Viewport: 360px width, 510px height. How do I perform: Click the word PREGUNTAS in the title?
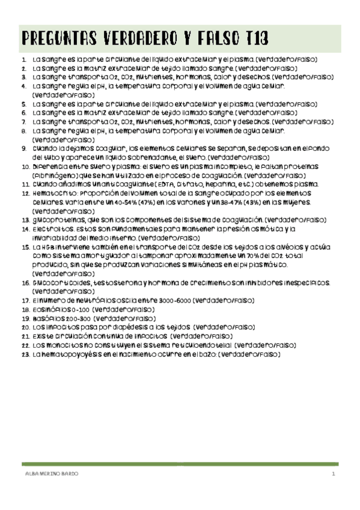[x=51, y=39]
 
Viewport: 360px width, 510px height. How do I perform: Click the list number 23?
[x=24, y=355]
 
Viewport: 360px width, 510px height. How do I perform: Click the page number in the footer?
[x=332, y=474]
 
